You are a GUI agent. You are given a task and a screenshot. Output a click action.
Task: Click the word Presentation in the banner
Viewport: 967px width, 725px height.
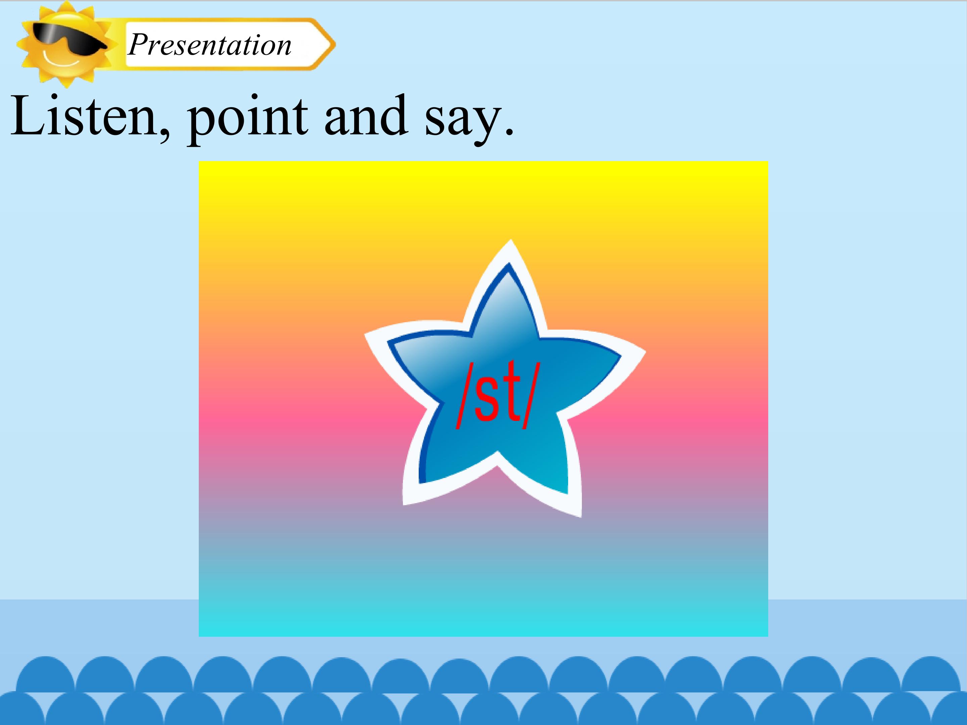pos(210,45)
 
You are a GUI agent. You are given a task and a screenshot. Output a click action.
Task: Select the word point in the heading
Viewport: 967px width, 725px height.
pos(247,118)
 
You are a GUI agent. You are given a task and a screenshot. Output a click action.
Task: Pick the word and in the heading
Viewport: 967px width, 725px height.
pos(366,116)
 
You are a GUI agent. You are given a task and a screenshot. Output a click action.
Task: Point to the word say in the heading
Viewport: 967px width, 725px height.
pos(461,120)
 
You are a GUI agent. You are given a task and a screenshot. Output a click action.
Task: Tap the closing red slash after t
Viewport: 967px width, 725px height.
pos(532,395)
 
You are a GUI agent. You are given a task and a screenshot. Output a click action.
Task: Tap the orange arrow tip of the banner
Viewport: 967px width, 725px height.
pos(333,44)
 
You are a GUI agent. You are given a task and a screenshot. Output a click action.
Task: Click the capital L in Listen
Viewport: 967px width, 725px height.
pos(29,114)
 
